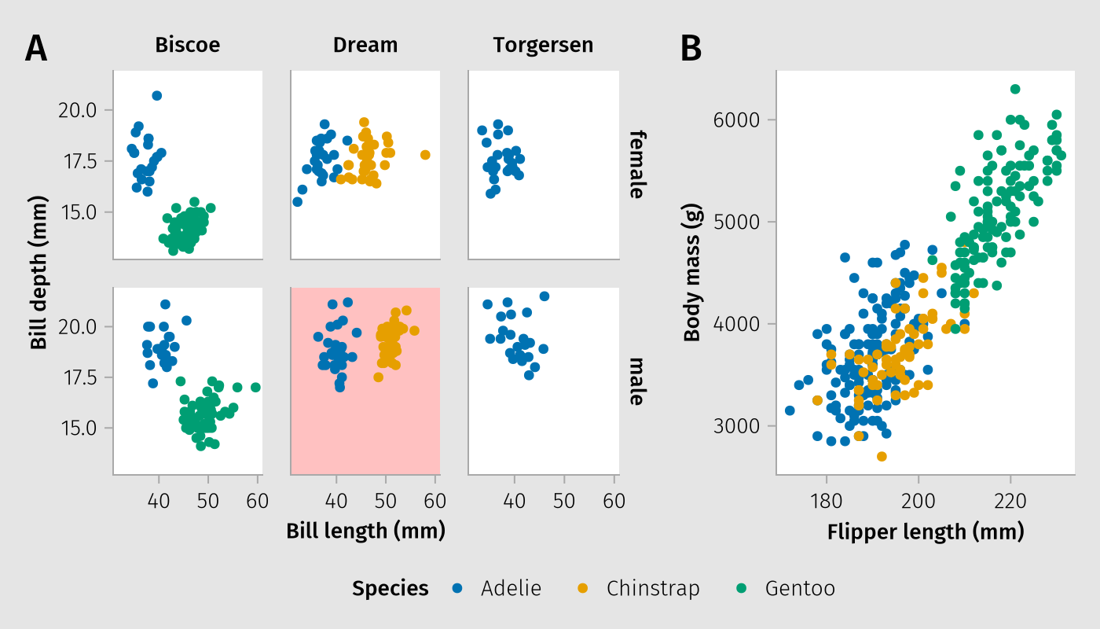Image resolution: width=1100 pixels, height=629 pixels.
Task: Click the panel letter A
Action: click(36, 49)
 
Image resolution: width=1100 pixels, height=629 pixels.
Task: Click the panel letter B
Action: click(691, 49)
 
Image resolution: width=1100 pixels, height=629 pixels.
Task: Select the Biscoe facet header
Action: click(188, 46)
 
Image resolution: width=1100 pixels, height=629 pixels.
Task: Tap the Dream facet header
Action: click(365, 46)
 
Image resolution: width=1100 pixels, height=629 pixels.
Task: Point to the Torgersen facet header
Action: click(543, 46)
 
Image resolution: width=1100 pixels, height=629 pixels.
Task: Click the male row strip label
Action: click(636, 381)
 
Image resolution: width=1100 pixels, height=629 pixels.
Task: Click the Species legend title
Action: click(390, 588)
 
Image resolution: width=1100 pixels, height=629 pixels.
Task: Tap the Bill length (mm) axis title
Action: click(365, 531)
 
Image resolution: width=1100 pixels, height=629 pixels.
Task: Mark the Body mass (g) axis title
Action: click(691, 273)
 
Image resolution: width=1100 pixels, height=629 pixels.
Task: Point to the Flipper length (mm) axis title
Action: click(926, 532)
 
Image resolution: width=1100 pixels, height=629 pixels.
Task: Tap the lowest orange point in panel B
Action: click(882, 456)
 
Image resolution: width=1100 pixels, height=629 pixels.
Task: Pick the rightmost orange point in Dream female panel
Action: click(425, 155)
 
